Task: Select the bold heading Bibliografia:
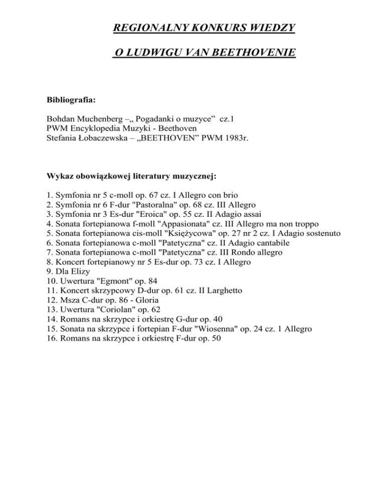pyautogui.click(x=70, y=100)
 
